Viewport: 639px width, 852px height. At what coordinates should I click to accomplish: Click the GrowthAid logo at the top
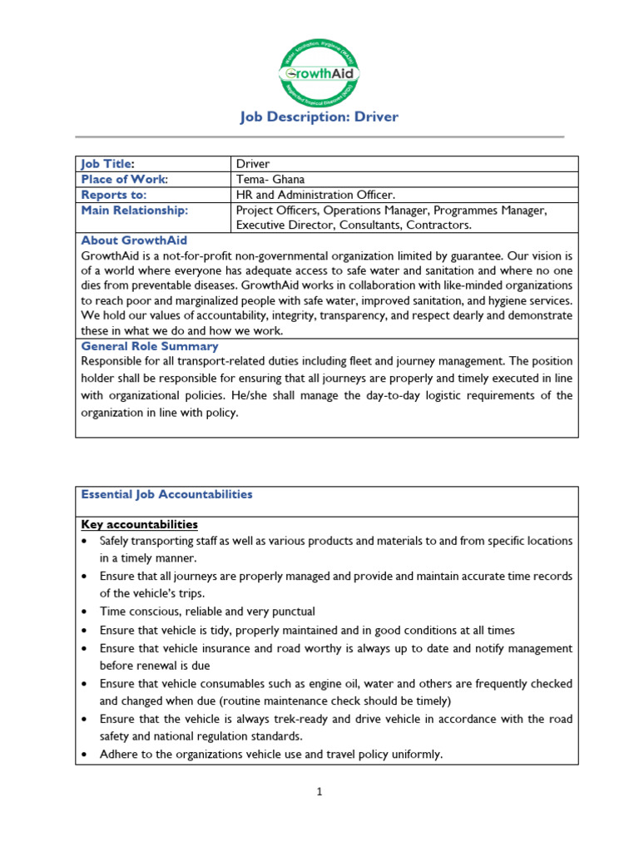319,73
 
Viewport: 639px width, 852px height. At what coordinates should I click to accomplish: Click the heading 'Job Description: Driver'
319,116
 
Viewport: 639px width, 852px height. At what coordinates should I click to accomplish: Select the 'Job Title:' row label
107,164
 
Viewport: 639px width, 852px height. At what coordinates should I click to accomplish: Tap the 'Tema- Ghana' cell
270,179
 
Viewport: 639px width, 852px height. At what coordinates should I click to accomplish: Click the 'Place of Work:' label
124,179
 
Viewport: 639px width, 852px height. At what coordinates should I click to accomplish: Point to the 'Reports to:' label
113,195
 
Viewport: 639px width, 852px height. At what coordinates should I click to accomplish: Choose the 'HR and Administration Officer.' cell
312,195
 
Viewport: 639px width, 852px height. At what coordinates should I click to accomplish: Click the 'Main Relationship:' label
134,211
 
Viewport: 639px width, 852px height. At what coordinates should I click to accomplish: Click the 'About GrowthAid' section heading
134,240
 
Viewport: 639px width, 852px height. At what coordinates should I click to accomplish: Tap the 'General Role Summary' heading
150,346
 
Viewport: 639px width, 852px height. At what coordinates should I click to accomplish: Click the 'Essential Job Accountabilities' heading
166,494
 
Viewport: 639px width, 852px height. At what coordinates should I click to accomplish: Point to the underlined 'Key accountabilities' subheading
139,524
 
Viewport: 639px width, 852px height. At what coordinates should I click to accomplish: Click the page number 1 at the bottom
319,792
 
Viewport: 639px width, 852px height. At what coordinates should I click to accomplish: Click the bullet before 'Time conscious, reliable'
86,612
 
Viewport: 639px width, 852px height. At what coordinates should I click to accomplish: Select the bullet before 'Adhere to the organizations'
86,755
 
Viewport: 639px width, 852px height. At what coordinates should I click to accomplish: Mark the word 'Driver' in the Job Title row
253,164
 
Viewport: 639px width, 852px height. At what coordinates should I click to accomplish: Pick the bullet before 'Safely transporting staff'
86,542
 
